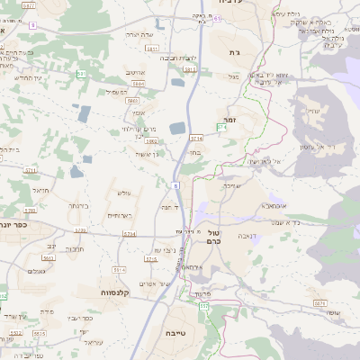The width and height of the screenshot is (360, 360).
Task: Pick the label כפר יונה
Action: [17, 225]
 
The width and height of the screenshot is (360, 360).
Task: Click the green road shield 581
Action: [81, 74]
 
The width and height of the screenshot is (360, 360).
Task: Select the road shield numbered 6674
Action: [320, 304]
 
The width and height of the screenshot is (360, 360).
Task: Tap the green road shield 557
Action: [203, 307]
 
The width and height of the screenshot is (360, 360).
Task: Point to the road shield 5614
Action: [118, 269]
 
